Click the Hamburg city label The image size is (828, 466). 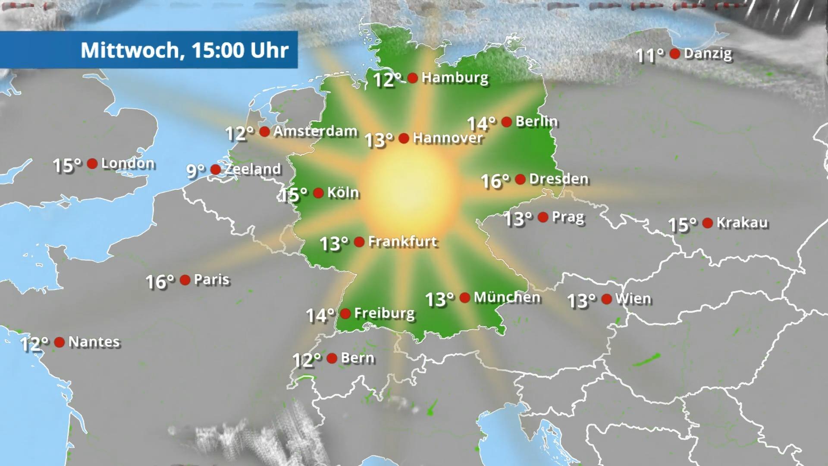pos(455,78)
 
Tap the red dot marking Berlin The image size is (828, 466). pos(507,122)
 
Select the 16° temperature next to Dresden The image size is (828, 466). pos(495,181)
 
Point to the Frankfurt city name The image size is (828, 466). pos(403,242)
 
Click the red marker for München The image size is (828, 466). pos(465,297)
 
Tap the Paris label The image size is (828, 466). pos(212,280)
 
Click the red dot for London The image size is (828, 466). pos(92,164)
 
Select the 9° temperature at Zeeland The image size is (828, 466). pos(195,171)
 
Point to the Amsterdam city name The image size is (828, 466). pos(315,131)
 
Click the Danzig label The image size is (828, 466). pos(708,54)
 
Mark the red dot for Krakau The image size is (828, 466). pos(707,223)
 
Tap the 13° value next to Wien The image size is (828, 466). pos(581,301)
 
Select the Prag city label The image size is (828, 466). pos(568,217)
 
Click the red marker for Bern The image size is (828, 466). pos(332,358)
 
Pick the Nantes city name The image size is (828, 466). pos(94,342)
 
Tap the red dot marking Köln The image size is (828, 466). pos(318,193)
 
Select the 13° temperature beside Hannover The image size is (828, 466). pos(379,140)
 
